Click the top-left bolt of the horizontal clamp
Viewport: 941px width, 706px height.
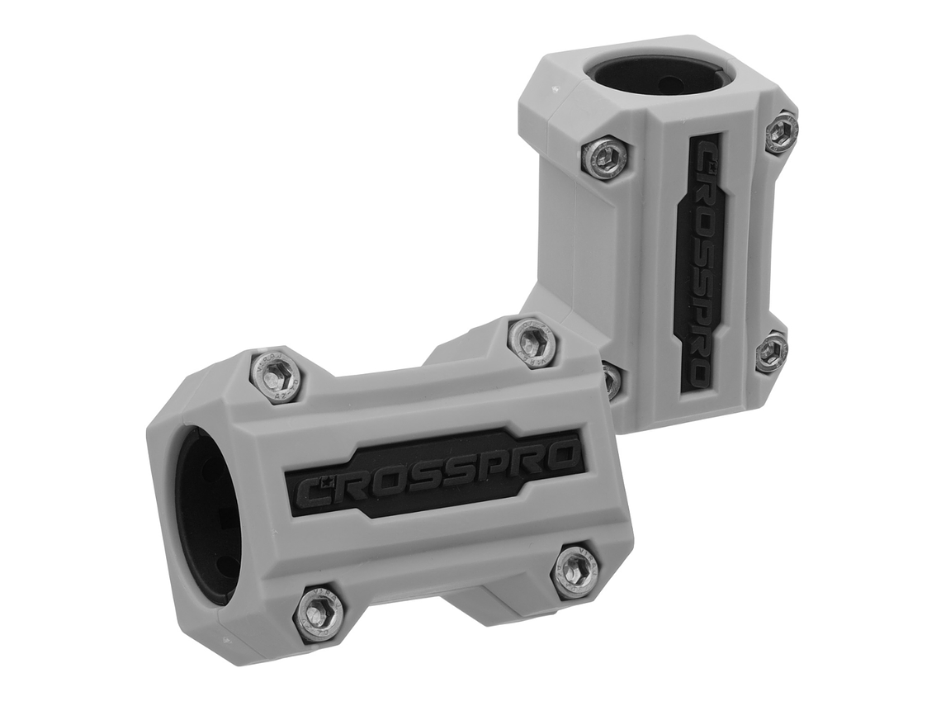tap(276, 376)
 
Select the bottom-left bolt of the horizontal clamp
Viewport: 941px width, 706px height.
tap(319, 612)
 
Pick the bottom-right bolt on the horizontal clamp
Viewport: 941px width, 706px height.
tap(575, 570)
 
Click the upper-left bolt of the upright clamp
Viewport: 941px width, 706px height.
tap(604, 157)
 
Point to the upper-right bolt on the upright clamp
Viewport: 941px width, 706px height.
tap(781, 132)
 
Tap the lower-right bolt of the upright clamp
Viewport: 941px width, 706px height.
tap(771, 352)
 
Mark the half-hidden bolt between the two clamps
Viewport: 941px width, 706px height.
tap(612, 379)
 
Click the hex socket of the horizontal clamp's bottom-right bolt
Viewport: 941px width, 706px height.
tap(575, 570)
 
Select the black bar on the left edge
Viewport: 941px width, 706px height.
tap(58, 353)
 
